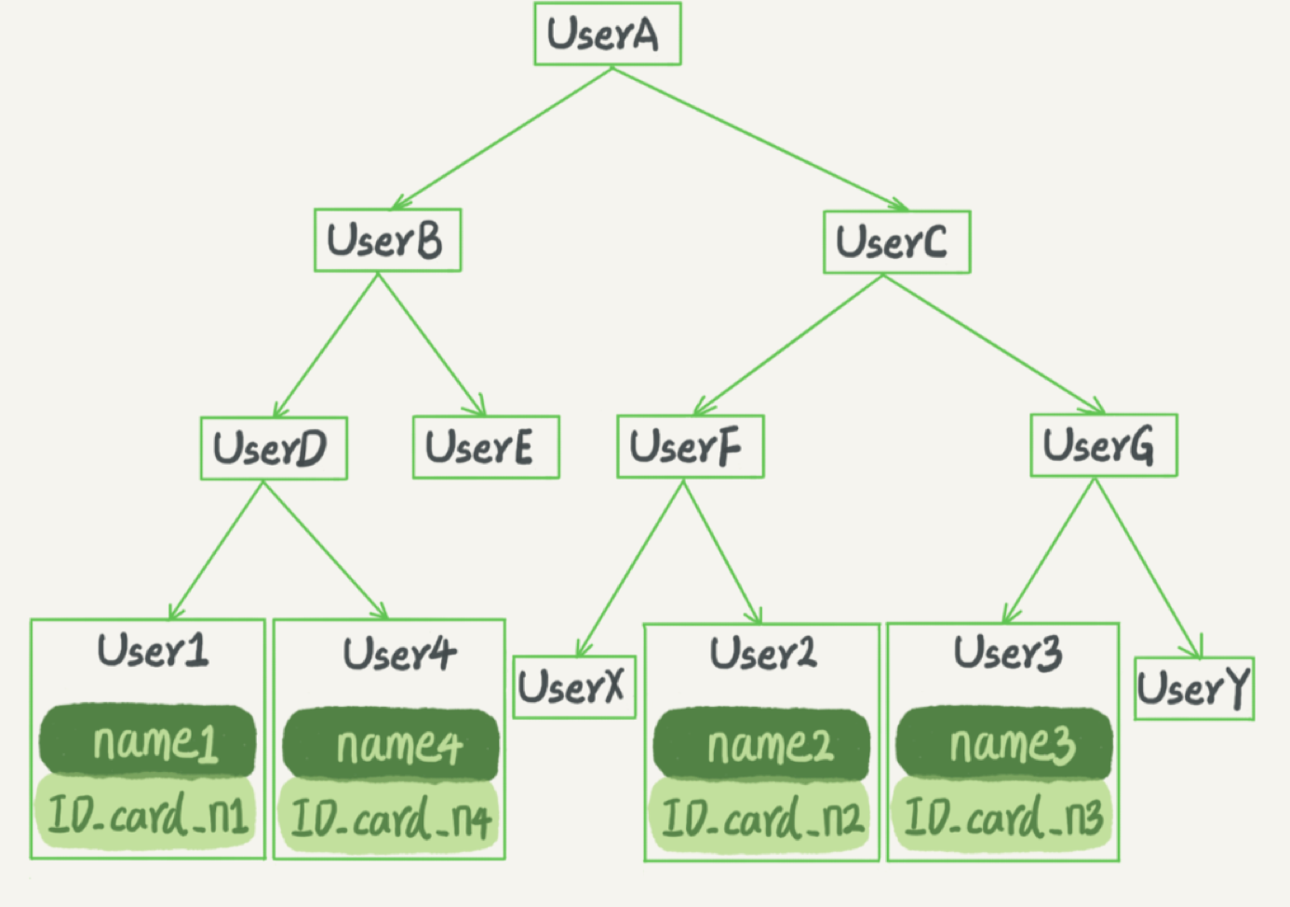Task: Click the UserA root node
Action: point(608,34)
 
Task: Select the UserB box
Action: point(387,239)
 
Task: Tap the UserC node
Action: point(897,242)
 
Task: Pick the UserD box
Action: point(275,448)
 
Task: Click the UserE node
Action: point(486,447)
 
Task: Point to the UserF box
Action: point(691,447)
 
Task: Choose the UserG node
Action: point(1104,445)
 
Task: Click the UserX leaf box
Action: point(574,687)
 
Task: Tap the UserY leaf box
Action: point(1194,688)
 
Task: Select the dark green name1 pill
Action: point(147,740)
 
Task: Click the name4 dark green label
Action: point(391,744)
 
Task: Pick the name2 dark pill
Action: point(761,744)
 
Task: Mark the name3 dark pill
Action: point(1003,743)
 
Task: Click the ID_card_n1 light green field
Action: point(145,813)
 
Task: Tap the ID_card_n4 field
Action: point(388,816)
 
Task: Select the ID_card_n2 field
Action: point(759,816)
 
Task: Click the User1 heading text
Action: point(153,651)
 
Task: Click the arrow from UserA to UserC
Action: point(760,139)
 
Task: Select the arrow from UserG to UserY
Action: point(1149,568)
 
